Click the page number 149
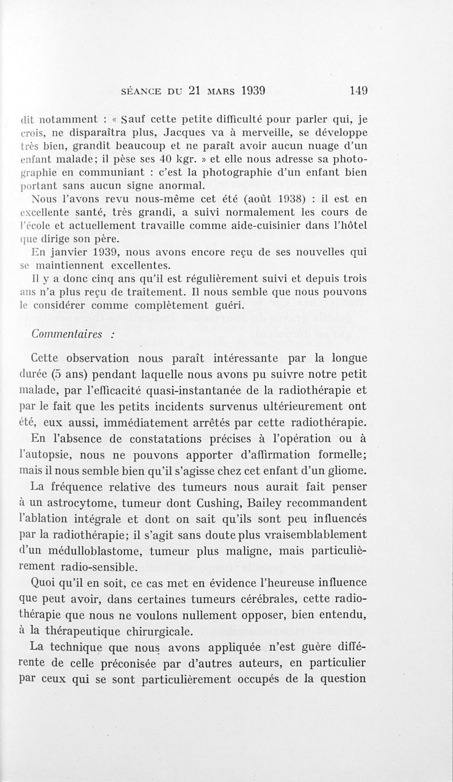point(359,90)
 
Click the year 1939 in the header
point(250,90)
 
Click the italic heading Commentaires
point(66,334)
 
